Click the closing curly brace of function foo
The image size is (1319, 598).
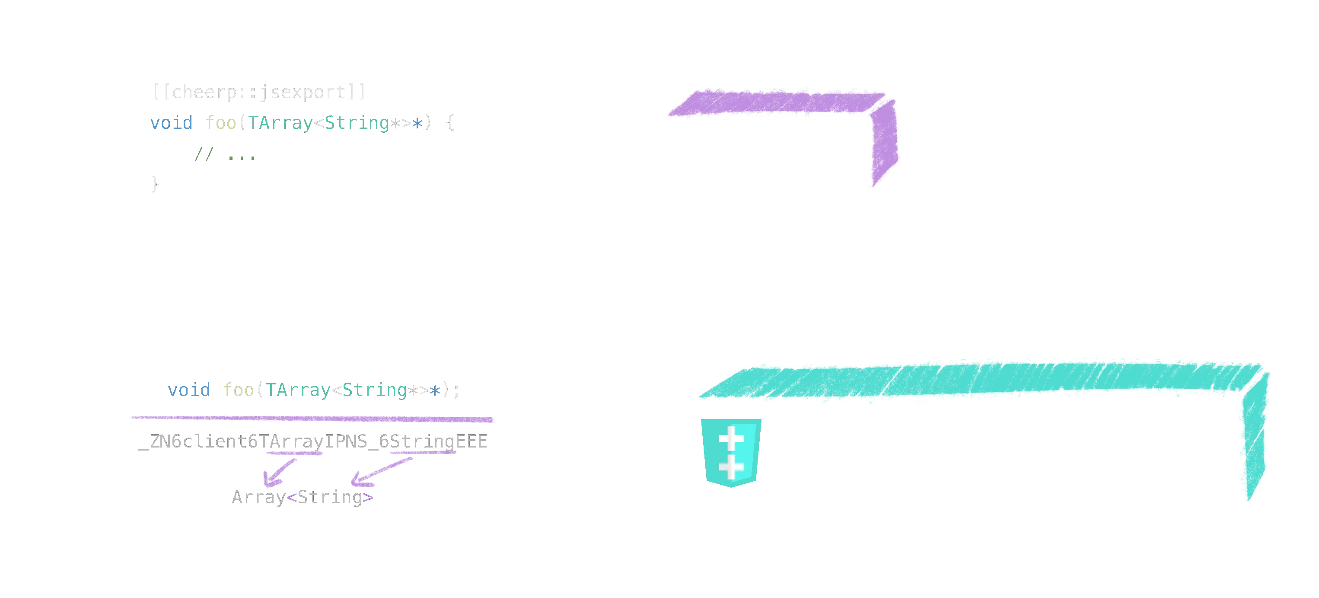(x=153, y=183)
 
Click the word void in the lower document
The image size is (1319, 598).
(x=188, y=390)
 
